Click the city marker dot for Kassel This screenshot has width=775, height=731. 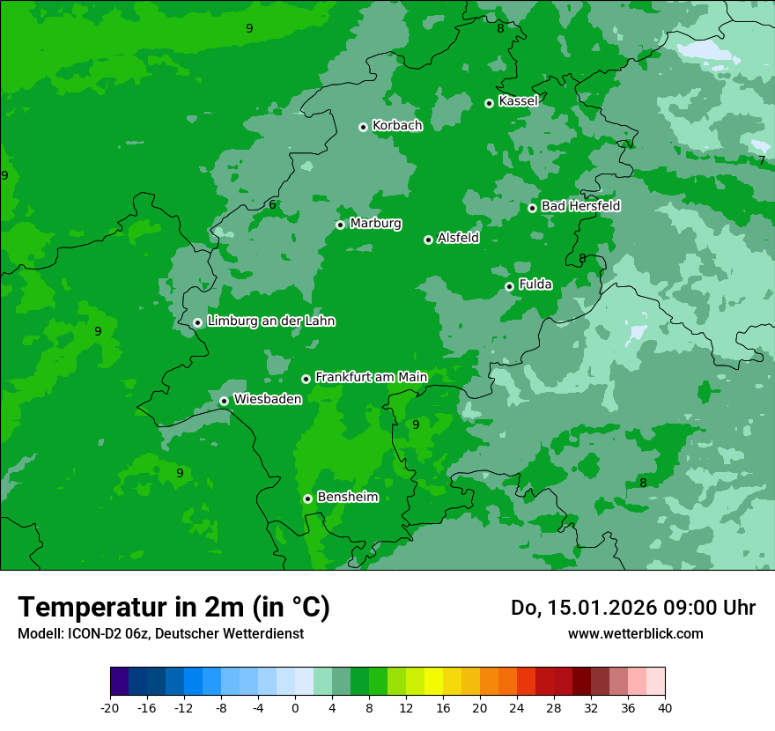pyautogui.click(x=489, y=103)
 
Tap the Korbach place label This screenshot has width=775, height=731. pyautogui.click(x=397, y=126)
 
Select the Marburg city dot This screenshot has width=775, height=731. pyautogui.click(x=340, y=225)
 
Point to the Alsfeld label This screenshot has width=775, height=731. pyautogui.click(x=458, y=238)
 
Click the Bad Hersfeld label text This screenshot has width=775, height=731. pyautogui.click(x=580, y=206)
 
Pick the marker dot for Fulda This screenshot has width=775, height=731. pyautogui.click(x=509, y=286)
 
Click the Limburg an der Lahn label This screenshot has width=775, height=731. pyautogui.click(x=270, y=321)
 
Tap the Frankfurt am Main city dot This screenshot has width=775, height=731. pyautogui.click(x=306, y=379)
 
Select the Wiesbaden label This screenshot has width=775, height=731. pyautogui.click(x=267, y=399)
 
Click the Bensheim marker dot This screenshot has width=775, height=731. pyautogui.click(x=307, y=498)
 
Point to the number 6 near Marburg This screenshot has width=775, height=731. pyautogui.click(x=272, y=205)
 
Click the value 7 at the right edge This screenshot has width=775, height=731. pyautogui.click(x=761, y=161)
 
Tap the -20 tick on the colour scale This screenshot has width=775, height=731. pyautogui.click(x=110, y=707)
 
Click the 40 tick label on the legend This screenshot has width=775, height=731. pyautogui.click(x=665, y=707)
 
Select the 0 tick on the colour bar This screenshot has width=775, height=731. pyautogui.click(x=295, y=707)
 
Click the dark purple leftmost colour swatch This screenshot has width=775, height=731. pyautogui.click(x=119, y=682)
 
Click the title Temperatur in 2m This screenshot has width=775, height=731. pyautogui.click(x=173, y=608)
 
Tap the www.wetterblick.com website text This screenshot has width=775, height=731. pyautogui.click(x=635, y=633)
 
